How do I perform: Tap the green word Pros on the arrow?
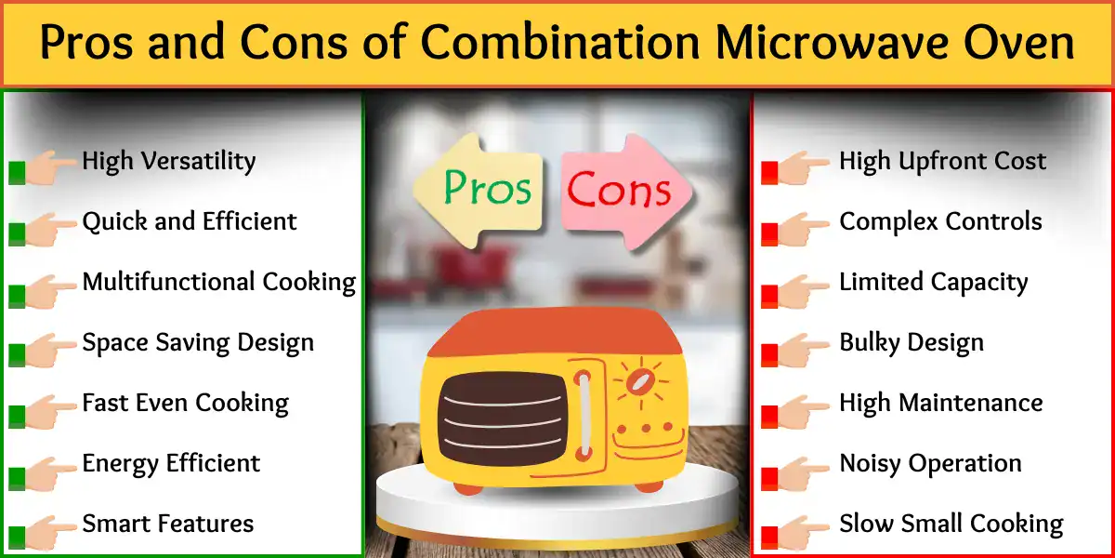[487, 188]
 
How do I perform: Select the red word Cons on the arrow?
[619, 191]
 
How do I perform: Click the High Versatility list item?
[168, 161]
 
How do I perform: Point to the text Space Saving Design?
[198, 342]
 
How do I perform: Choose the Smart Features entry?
[167, 524]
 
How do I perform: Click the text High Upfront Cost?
[942, 161]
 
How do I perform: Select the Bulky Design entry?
[911, 342]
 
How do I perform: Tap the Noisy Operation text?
[930, 463]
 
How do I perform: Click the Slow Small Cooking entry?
[951, 524]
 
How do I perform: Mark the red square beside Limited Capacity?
[769, 296]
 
